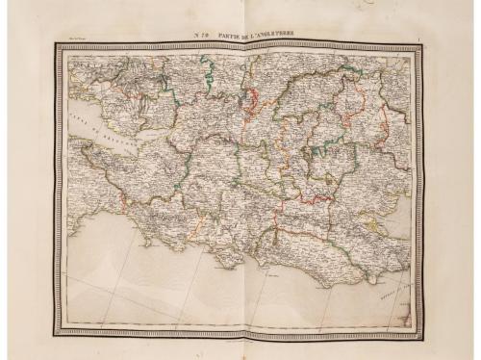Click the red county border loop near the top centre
(x=250, y=96)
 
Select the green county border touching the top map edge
(x=204, y=63)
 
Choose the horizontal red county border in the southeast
(x=303, y=202)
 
